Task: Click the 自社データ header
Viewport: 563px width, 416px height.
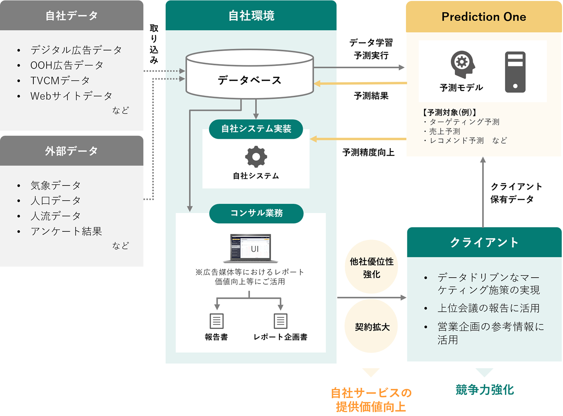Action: [72, 15]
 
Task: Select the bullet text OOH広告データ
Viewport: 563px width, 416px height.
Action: [67, 65]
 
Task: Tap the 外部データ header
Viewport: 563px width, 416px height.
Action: [72, 151]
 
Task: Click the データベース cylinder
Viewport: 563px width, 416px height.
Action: [249, 74]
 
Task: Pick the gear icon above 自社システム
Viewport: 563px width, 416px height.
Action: [256, 157]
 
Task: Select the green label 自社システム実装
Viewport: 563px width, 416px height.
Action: [256, 129]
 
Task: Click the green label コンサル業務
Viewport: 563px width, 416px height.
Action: [256, 213]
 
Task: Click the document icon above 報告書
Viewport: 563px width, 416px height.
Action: [216, 321]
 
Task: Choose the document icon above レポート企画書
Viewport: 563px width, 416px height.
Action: [281, 321]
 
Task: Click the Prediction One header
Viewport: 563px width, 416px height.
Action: [483, 17]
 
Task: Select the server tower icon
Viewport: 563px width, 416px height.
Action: [515, 71]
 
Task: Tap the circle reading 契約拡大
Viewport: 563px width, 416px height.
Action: [372, 327]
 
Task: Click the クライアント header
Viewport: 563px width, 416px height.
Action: [484, 242]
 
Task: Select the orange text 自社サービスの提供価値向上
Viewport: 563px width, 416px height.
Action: [371, 399]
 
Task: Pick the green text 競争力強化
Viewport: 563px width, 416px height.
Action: [484, 389]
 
